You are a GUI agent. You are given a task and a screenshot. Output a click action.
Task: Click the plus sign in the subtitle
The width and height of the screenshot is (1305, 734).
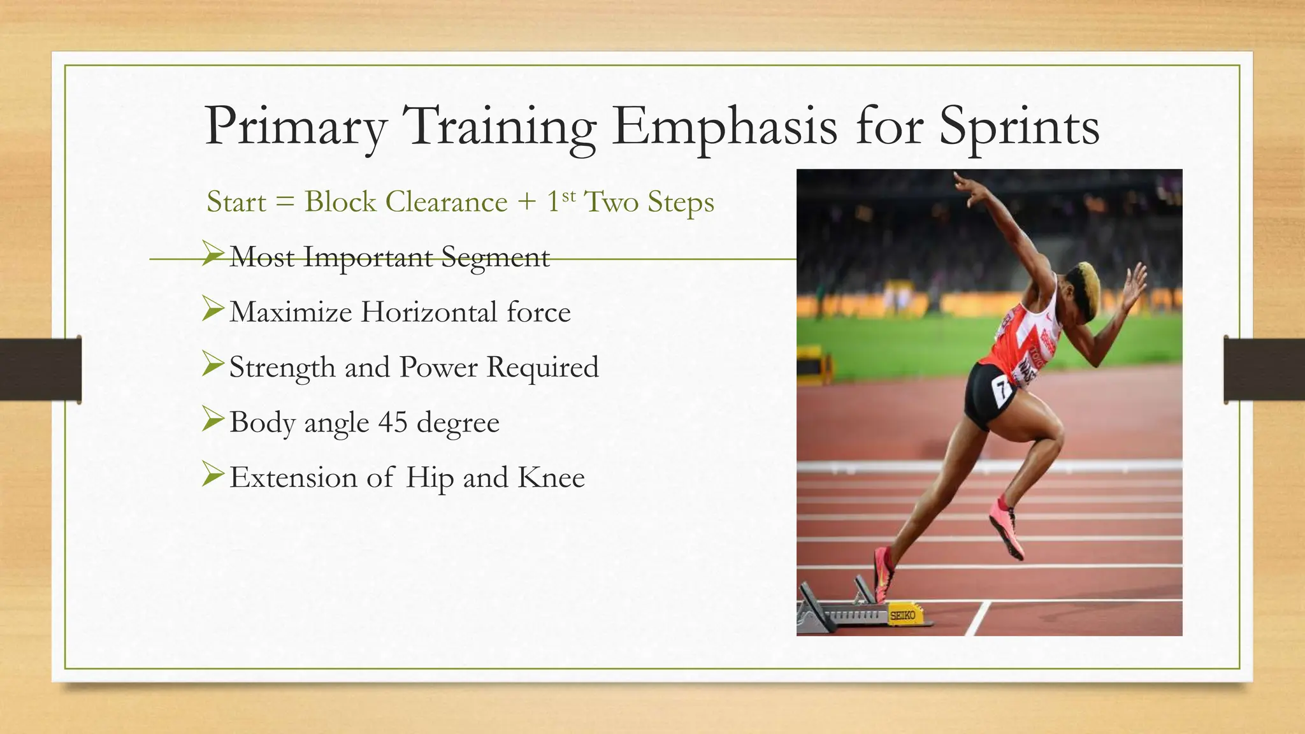pos(527,203)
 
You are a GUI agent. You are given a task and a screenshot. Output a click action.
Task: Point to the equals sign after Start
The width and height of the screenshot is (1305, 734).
pos(285,203)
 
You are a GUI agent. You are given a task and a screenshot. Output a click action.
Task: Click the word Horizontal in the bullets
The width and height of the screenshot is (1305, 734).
pos(429,312)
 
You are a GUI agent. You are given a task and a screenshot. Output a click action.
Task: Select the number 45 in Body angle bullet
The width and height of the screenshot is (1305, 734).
pos(393,422)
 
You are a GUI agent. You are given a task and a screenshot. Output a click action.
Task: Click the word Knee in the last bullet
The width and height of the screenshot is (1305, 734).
pos(551,477)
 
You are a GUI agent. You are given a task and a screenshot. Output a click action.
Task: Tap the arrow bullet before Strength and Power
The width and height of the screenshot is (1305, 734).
pos(213,364)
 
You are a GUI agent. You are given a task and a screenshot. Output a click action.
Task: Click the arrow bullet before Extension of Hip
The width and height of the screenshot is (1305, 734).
pos(213,474)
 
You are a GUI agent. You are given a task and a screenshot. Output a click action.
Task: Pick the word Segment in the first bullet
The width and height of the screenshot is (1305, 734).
pos(495,257)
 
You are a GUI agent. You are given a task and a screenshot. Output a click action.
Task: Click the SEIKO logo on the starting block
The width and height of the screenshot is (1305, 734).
pos(902,615)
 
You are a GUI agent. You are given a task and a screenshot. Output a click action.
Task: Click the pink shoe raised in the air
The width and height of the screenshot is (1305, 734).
pos(1007,529)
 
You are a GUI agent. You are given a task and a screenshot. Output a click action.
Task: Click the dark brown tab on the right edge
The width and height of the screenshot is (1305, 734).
pos(1264,370)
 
